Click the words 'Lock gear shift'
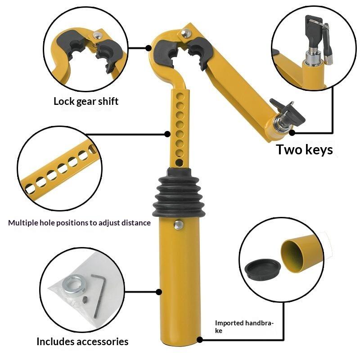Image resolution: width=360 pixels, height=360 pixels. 86,101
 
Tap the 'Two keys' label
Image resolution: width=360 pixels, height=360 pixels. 304,150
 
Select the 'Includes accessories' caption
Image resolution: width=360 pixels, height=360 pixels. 82,342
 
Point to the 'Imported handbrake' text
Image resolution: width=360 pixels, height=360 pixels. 244,327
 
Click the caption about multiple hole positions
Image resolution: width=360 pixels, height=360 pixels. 80,223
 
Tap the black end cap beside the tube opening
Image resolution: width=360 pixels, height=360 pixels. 263,270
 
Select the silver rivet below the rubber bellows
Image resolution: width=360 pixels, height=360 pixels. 179,225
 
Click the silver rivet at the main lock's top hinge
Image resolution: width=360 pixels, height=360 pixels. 186,33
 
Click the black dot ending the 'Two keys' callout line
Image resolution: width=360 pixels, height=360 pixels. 292,133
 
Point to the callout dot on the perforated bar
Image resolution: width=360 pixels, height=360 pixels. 167,134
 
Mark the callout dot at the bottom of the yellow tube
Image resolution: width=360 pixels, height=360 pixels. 200,340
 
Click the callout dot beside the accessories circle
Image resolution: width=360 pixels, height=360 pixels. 159,292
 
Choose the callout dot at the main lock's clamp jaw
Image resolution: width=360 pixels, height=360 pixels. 148,48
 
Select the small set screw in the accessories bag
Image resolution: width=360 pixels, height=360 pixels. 85,299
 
